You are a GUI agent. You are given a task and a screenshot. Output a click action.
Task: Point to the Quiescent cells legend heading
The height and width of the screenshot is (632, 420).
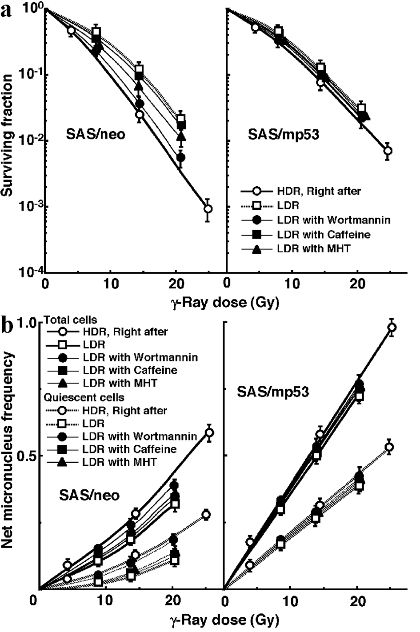point(84,397)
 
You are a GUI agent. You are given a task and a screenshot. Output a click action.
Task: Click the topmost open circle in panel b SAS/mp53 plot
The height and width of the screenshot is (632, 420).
point(392,327)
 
